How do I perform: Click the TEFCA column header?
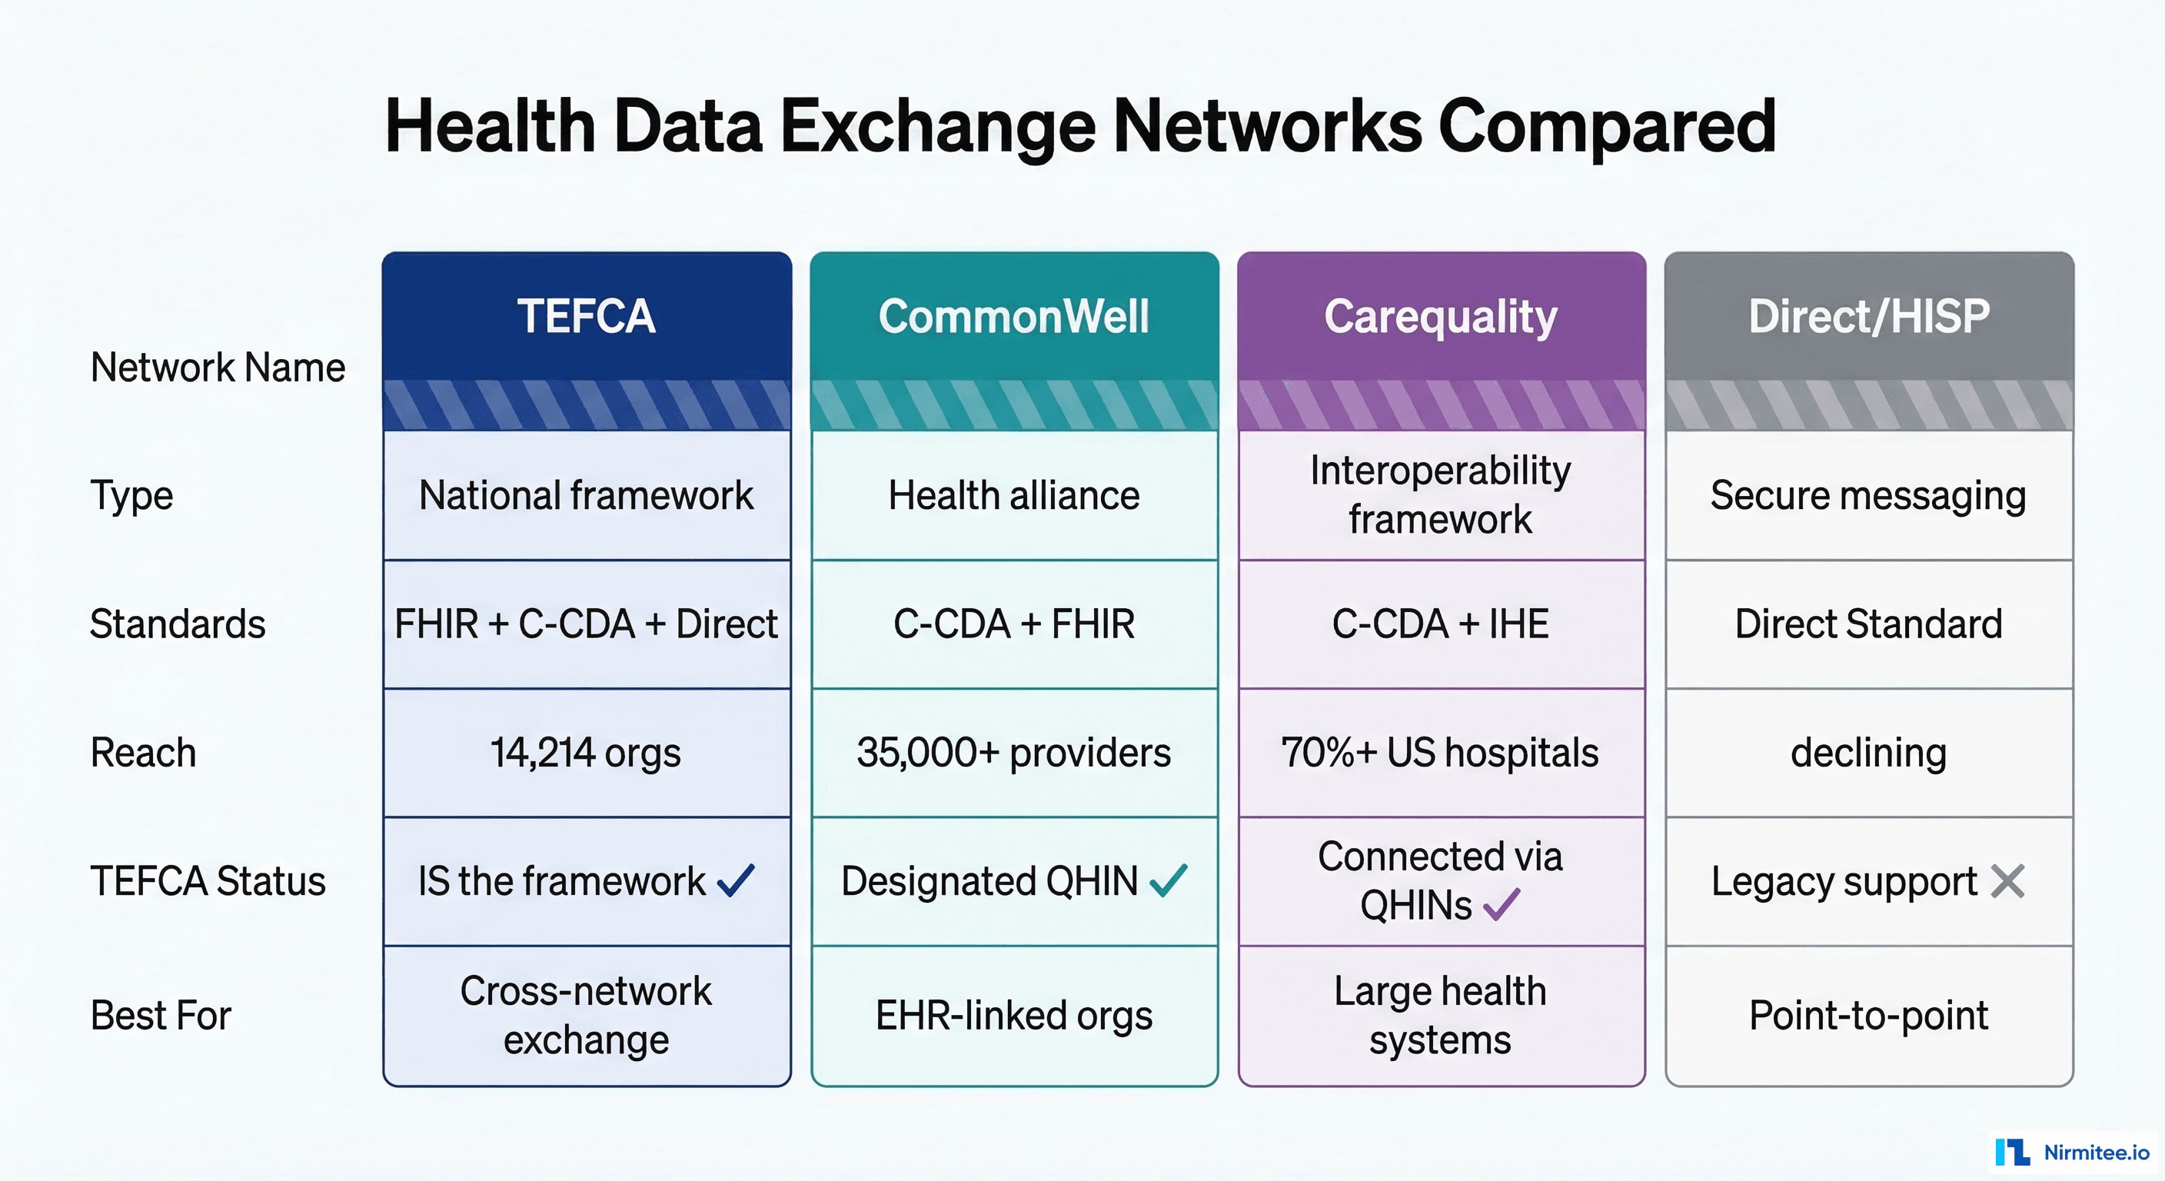coord(586,317)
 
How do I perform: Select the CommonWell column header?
coord(1013,317)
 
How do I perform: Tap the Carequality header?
coord(1441,317)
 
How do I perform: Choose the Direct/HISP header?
coord(1868,317)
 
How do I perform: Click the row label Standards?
coord(178,624)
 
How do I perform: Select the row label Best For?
coord(161,1016)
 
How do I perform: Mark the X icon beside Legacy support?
coord(2008,881)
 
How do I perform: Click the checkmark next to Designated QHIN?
coord(1169,881)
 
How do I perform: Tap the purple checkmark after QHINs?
coord(1502,905)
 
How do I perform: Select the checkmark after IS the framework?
coord(737,881)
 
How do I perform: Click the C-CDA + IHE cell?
coord(1441,624)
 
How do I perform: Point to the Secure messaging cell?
coord(1868,496)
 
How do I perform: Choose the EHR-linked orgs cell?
coord(1013,1016)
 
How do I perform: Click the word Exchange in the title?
coord(937,127)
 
